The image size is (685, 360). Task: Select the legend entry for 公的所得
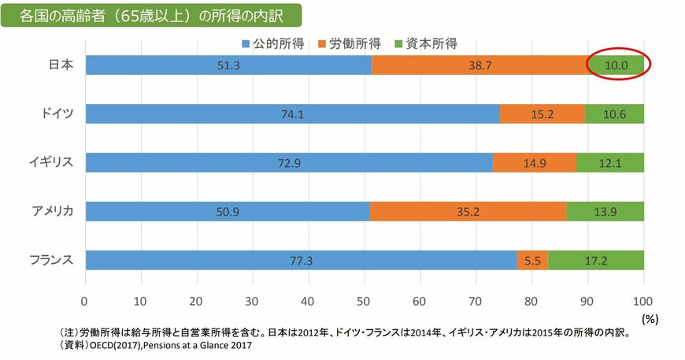coord(269,43)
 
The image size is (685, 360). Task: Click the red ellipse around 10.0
coord(617,65)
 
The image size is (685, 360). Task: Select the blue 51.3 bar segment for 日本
coord(228,65)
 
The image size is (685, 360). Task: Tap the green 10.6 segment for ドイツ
coord(614,114)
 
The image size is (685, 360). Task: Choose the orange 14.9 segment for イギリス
coord(535,163)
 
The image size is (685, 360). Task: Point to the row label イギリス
coord(52,163)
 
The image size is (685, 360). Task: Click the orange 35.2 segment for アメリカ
coord(468,211)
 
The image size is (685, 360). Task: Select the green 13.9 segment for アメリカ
coord(605,211)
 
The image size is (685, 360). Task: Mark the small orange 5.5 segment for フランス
coord(532,260)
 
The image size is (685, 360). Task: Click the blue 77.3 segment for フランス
coord(301,260)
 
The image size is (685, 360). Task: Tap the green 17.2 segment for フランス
coord(596,260)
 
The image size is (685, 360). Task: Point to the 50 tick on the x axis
coord(364,300)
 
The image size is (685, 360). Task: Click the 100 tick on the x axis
coord(643,300)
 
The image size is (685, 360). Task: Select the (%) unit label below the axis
coord(649,319)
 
